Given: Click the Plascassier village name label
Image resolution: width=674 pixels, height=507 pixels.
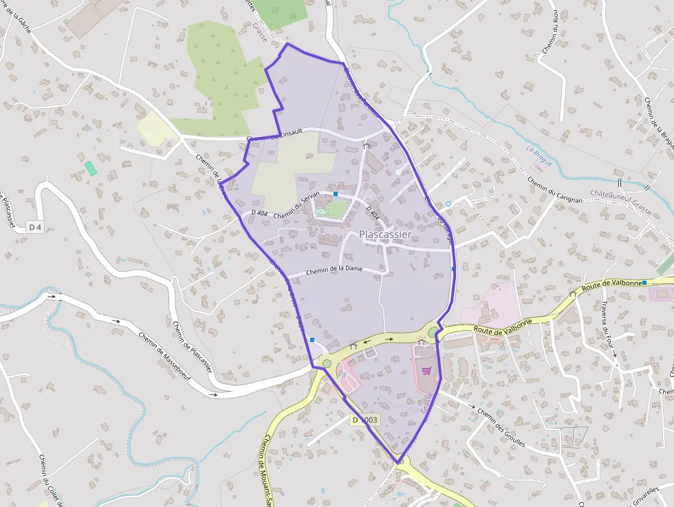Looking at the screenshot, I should point(385,235).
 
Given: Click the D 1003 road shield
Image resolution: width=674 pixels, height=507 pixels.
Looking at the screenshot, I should point(365,420).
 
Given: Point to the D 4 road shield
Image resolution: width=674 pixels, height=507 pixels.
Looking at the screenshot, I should point(35,227).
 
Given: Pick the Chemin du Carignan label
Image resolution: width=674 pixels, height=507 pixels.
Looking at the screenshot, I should point(555,191).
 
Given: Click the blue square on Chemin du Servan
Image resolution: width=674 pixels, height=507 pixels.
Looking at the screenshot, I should point(336,195).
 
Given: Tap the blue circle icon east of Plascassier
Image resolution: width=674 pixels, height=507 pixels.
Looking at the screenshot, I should point(448,203).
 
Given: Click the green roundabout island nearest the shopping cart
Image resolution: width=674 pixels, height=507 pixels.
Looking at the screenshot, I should point(433,333).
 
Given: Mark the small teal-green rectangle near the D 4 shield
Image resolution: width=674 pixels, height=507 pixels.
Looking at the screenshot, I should point(91,168).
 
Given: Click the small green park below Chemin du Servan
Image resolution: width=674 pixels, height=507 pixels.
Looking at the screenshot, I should point(337,208).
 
